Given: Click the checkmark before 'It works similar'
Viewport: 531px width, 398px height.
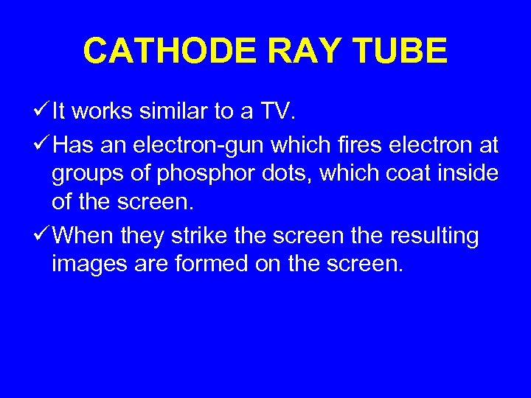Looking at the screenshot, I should tap(41, 112).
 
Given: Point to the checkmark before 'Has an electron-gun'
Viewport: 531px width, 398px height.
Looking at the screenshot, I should tap(41, 146).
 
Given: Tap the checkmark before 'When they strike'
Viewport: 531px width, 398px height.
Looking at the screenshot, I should tap(41, 236).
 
